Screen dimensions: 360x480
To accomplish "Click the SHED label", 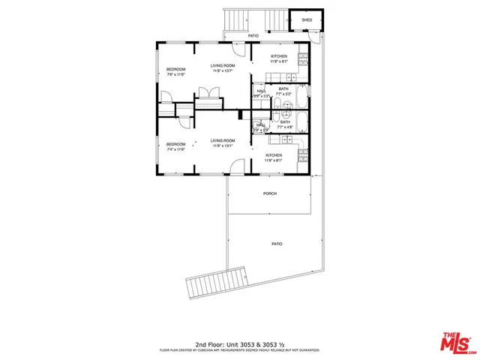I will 307,19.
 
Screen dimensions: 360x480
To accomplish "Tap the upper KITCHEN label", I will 279,56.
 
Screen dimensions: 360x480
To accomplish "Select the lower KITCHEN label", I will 273,154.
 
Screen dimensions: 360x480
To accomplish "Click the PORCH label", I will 270,193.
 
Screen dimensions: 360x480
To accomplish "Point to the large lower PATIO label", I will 277,244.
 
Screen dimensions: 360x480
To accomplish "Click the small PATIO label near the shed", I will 253,36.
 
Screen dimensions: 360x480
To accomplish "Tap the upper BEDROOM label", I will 175,70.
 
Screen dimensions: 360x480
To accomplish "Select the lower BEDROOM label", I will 175,143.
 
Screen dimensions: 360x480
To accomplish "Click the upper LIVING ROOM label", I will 223,66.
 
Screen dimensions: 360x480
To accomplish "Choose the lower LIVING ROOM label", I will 223,140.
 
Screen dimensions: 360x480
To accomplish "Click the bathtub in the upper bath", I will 301,97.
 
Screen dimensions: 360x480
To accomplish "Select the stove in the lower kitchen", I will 302,156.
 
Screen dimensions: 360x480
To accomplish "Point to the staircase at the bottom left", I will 217,284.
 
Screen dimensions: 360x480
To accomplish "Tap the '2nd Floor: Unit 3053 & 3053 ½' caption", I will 239,343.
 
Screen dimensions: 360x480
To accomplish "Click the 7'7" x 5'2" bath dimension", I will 283,94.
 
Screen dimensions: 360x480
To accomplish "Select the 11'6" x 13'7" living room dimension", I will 223,71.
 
